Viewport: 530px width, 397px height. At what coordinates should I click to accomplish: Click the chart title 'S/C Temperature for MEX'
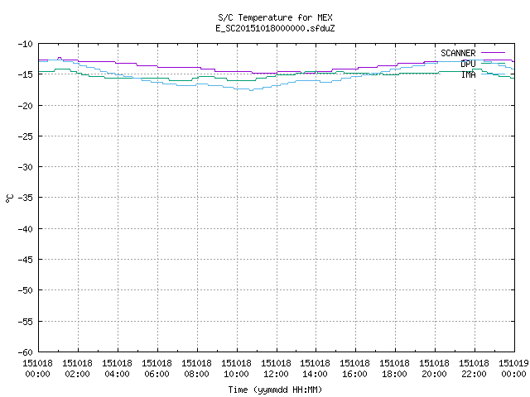tap(275, 17)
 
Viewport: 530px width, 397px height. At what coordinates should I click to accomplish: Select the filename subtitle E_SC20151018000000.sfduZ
tap(275, 28)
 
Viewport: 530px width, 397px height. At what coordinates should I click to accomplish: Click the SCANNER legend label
tap(458, 53)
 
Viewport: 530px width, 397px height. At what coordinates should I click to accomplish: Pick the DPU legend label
tap(468, 64)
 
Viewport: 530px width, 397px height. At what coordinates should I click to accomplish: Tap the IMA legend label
tap(468, 74)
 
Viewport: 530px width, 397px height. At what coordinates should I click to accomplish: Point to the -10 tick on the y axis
tap(26, 44)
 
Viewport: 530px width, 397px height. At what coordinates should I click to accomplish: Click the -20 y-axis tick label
tap(26, 106)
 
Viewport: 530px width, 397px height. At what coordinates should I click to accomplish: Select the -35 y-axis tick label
tap(26, 198)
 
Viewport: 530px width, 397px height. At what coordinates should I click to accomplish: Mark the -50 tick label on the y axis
tap(26, 290)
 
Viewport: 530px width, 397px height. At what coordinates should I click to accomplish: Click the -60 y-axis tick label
tap(26, 352)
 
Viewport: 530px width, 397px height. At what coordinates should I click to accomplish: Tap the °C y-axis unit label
tap(9, 198)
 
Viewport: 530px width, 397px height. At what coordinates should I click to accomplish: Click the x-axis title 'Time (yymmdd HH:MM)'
tap(275, 390)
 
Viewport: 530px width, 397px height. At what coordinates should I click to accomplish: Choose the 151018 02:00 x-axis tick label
tap(77, 369)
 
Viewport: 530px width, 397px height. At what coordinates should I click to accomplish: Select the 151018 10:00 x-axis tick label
tap(236, 369)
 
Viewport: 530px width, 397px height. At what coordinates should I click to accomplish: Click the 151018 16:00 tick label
tap(354, 369)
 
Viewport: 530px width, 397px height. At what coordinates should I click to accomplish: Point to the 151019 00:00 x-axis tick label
tap(513, 369)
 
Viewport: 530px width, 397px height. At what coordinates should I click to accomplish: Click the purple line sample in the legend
tap(493, 53)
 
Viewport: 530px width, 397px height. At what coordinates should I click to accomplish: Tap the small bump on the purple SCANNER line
tap(60, 58)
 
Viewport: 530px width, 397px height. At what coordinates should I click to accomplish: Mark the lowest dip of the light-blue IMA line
tap(251, 90)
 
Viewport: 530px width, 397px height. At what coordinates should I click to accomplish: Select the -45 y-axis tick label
tap(26, 260)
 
